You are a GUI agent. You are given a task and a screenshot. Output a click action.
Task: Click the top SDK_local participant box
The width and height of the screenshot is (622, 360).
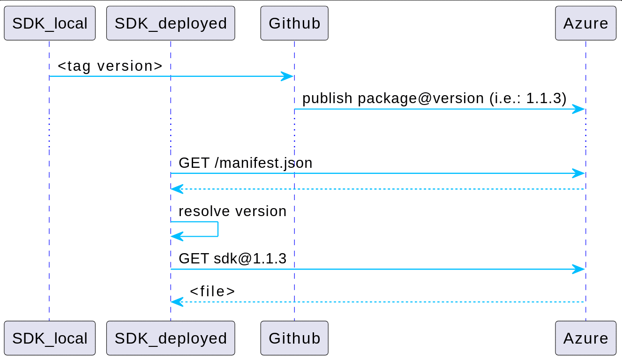click(50, 23)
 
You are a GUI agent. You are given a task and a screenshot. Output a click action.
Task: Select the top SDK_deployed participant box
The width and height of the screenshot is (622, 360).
click(171, 23)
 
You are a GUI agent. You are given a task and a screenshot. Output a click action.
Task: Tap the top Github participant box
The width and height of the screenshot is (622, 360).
click(294, 23)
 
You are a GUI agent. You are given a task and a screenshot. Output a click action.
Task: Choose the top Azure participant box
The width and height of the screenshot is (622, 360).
click(585, 23)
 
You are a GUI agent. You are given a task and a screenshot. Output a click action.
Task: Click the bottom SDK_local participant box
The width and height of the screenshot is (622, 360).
click(50, 338)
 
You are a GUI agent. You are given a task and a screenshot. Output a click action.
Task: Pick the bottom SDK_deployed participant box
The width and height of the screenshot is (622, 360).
click(171, 338)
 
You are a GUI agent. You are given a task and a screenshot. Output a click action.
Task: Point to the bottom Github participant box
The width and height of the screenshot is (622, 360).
click(294, 338)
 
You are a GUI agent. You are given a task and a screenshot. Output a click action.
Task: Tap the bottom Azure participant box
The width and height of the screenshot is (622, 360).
click(585, 338)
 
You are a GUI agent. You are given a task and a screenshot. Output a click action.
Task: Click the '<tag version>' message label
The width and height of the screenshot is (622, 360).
click(110, 66)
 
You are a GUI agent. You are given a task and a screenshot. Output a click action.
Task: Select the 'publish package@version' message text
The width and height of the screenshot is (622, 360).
click(393, 98)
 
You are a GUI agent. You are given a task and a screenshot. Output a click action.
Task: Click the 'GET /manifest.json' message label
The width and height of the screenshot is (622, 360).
click(246, 163)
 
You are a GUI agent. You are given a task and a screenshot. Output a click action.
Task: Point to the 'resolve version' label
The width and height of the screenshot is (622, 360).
click(232, 211)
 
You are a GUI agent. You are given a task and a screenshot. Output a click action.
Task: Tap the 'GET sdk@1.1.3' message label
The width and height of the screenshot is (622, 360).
click(232, 259)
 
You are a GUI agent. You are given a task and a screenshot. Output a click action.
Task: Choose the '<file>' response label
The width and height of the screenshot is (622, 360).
click(212, 292)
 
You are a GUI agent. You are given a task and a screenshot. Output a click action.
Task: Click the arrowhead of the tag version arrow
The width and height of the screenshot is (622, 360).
click(287, 76)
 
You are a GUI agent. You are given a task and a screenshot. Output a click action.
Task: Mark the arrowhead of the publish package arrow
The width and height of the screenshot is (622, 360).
click(578, 109)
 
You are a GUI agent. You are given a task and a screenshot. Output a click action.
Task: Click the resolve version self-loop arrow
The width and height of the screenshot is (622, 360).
click(217, 229)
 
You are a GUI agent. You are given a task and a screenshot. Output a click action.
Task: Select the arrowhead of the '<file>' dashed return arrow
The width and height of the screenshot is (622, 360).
click(177, 302)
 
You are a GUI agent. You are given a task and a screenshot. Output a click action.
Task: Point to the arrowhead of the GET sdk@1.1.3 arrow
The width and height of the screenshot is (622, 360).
click(578, 269)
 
